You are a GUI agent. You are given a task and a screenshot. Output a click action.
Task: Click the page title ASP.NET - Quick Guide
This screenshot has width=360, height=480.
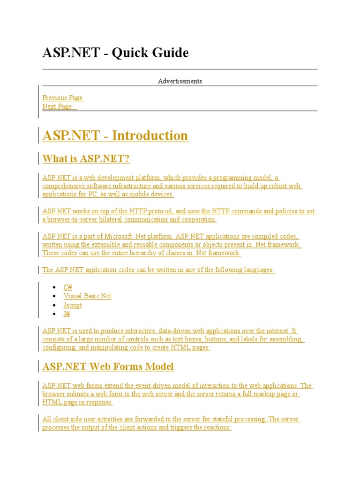(x=115, y=53)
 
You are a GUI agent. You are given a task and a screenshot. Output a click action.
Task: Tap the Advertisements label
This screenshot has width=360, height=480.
(x=180, y=81)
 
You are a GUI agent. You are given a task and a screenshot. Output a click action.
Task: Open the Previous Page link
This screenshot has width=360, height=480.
(x=62, y=97)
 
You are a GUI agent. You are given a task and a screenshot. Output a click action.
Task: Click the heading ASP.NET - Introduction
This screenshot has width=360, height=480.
(x=115, y=136)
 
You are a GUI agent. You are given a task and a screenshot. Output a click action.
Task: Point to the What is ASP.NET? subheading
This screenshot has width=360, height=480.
(x=86, y=159)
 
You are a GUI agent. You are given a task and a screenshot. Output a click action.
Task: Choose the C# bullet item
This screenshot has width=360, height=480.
(x=68, y=287)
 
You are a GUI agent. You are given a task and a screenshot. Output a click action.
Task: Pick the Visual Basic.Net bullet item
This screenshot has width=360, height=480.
(x=87, y=296)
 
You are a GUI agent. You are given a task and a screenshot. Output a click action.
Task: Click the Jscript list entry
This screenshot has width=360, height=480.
(x=73, y=305)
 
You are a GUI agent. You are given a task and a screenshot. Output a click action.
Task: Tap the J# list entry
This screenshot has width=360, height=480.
(x=67, y=314)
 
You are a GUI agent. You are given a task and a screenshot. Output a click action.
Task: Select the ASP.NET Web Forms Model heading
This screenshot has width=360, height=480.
(x=108, y=367)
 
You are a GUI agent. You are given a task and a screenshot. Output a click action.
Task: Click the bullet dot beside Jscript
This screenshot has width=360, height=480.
(x=56, y=305)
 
